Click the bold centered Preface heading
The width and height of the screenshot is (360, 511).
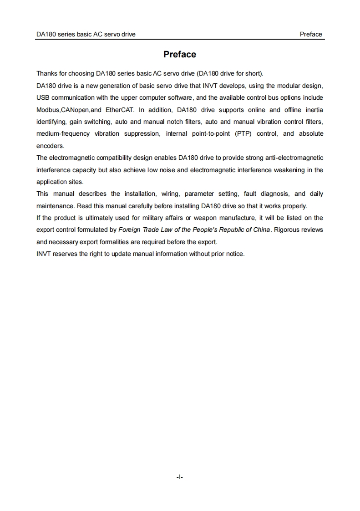(180, 55)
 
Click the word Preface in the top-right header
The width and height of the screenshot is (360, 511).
(311, 34)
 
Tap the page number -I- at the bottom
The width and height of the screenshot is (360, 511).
(180, 477)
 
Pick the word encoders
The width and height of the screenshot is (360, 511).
(51, 146)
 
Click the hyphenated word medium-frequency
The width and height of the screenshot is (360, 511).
(63, 133)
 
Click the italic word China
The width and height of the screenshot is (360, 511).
(261, 230)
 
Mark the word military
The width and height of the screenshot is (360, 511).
(152, 218)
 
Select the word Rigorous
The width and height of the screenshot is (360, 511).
(287, 230)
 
